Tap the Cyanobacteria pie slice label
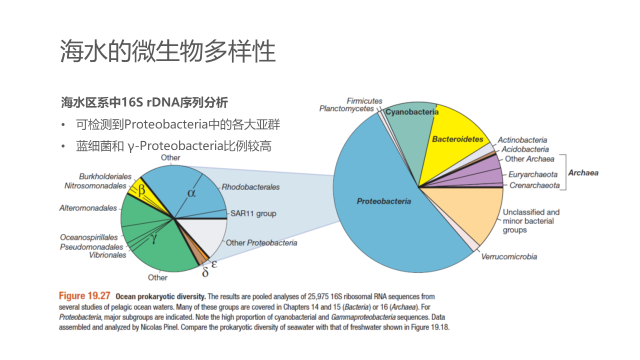(x=411, y=112)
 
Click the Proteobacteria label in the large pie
(x=384, y=201)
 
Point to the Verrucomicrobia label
(x=509, y=256)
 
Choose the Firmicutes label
(x=364, y=101)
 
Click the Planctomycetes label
(x=346, y=108)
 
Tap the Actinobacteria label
(x=522, y=140)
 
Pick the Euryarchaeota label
(x=532, y=174)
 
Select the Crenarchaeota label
(x=534, y=185)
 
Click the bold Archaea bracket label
(x=583, y=173)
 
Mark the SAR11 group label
(x=253, y=213)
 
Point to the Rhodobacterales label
(x=250, y=187)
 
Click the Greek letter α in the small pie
(x=191, y=192)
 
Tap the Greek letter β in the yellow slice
(x=141, y=190)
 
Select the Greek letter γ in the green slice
(x=154, y=239)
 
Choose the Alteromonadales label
(x=88, y=208)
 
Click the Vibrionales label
(x=107, y=255)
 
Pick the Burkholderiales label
(x=105, y=176)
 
